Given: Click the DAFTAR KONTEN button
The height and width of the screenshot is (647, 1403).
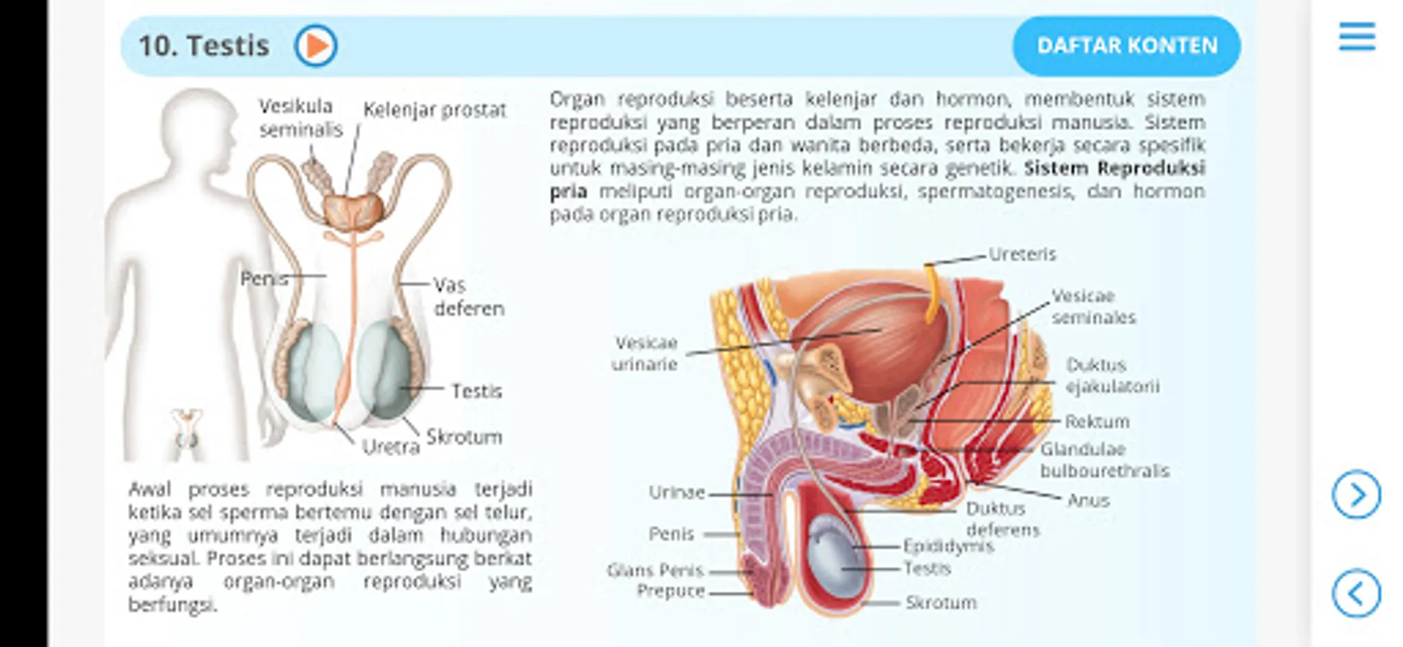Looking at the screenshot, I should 1126,46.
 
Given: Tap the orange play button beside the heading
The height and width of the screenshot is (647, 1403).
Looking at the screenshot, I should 315,46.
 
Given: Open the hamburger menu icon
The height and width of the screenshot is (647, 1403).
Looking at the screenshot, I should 1356,37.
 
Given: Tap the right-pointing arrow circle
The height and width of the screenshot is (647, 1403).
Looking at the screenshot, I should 1356,495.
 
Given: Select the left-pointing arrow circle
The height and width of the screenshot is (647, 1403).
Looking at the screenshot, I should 1356,594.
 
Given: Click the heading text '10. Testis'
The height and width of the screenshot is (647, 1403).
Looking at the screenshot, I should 204,46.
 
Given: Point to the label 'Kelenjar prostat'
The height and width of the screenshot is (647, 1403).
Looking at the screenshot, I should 434,110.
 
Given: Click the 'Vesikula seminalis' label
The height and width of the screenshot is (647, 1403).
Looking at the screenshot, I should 300,118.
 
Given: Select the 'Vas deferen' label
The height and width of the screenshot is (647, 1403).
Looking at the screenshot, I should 468,296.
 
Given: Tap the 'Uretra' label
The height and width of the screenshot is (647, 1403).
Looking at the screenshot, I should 390,447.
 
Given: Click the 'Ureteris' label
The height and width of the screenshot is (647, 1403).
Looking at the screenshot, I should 1022,254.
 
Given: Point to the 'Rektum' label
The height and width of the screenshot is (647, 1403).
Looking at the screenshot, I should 1096,421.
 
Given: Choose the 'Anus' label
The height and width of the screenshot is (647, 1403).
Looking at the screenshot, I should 1088,500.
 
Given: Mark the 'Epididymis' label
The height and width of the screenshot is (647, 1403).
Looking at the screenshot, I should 948,546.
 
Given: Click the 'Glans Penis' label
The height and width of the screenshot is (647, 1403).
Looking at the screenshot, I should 654,571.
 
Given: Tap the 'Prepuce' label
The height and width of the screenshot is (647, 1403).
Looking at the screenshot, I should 670,591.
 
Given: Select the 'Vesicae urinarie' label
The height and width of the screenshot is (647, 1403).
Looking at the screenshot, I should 644,353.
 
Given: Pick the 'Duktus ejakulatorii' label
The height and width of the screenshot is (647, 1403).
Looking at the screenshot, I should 1111,375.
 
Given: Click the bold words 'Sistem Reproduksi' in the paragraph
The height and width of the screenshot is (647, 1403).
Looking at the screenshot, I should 1113,168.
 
